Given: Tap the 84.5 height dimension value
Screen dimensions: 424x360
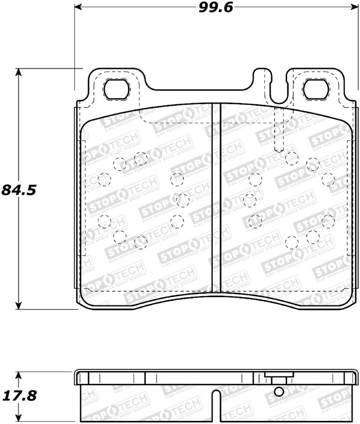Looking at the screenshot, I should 18,189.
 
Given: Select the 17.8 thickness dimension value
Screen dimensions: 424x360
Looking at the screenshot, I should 18,396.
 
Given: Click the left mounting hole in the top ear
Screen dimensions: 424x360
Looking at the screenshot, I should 117,90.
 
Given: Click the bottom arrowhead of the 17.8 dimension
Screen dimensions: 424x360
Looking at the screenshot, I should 18,417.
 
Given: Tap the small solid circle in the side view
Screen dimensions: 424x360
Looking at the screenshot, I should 279,392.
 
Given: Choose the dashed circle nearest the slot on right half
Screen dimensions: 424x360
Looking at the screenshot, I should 249,199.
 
